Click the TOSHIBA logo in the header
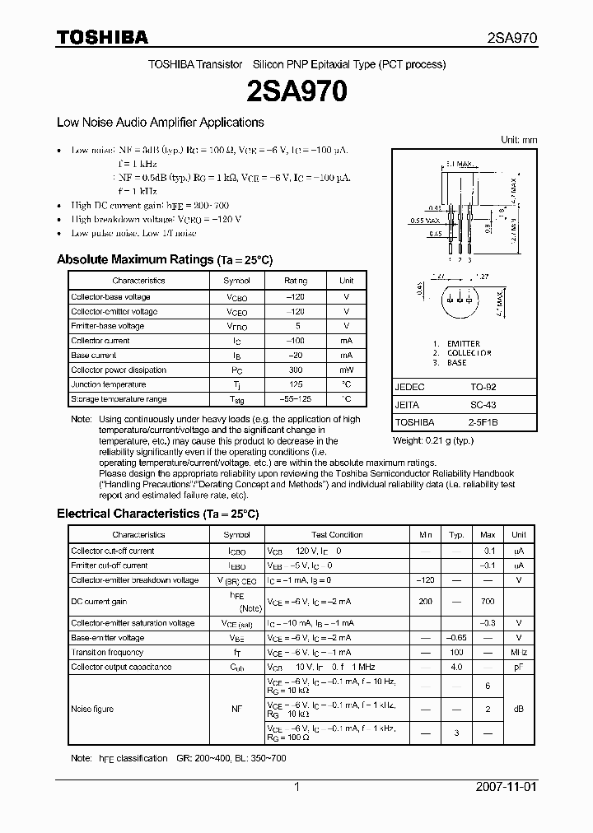pyautogui.click(x=102, y=37)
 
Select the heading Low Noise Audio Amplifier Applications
pyautogui.click(x=160, y=122)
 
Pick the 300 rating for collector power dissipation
pyautogui.click(x=296, y=370)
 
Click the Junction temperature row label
pyautogui.click(x=109, y=384)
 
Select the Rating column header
pyautogui.click(x=296, y=281)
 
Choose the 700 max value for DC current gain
pyautogui.click(x=488, y=602)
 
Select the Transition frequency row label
pyautogui.click(x=107, y=653)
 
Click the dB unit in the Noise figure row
pyautogui.click(x=519, y=710)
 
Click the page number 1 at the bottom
pyautogui.click(x=296, y=787)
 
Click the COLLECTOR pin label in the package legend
pyautogui.click(x=469, y=353)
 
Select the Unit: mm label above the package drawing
pyautogui.click(x=519, y=140)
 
